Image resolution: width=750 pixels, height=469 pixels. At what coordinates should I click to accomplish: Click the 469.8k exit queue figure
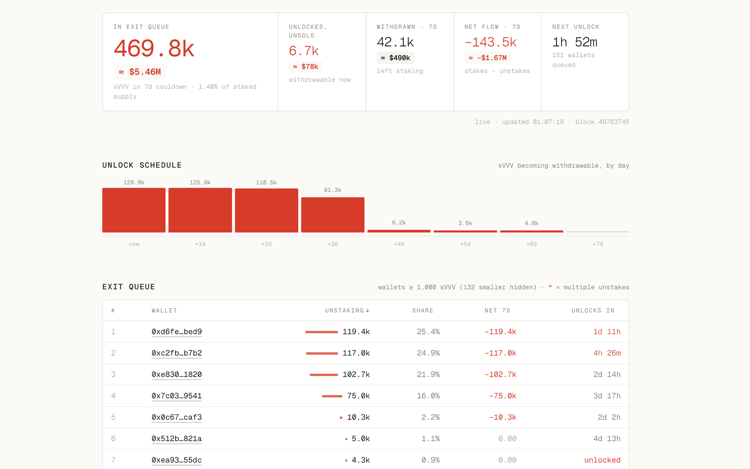coord(154,49)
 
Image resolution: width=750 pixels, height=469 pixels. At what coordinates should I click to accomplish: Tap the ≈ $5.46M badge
coord(139,72)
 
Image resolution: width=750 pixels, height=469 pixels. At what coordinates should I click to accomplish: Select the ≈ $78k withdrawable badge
coord(305,67)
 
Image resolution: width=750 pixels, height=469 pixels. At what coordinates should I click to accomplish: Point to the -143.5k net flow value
coord(490,42)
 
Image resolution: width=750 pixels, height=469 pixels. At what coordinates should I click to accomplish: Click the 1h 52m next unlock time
coord(574,42)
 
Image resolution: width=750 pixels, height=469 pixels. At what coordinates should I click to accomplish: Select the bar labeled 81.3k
coord(333,215)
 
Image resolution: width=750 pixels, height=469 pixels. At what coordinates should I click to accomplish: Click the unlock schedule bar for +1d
coord(200,210)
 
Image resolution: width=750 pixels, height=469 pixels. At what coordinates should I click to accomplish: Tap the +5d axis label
coord(465,244)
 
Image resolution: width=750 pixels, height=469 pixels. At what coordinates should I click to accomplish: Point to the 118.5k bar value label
coord(266,182)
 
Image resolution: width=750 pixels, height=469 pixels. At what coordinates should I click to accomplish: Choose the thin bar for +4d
coord(399,231)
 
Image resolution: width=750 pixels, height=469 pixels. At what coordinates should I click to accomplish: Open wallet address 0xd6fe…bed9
coord(177,332)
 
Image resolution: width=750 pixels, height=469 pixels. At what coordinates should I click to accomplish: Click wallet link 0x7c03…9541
coord(177,396)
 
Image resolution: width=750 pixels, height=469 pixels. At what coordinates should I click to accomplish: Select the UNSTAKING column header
coord(347,311)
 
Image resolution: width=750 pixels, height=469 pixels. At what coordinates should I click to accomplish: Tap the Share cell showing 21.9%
coord(428,374)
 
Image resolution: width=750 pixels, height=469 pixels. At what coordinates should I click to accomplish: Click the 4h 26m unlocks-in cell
coord(607,353)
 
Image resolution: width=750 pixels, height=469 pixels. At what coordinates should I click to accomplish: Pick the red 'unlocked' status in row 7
coord(602,460)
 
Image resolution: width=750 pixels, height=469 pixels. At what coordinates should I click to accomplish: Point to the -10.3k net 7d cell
coord(502,417)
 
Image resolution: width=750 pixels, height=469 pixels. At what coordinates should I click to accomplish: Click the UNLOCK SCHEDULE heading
coord(142,165)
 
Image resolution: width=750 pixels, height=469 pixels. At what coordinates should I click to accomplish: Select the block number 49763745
coord(614,122)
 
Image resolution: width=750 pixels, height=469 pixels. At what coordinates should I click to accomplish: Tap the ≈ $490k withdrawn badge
coord(395,58)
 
